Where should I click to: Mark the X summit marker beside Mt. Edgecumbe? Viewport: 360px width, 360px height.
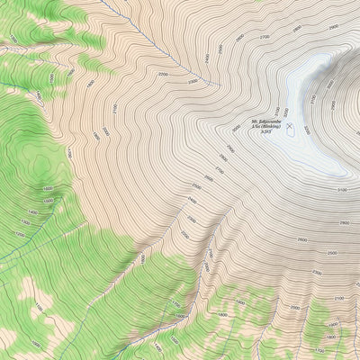[x=290, y=125]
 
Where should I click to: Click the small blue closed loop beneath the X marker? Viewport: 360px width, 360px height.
[x=291, y=135]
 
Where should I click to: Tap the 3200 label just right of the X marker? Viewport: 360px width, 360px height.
[x=307, y=129]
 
